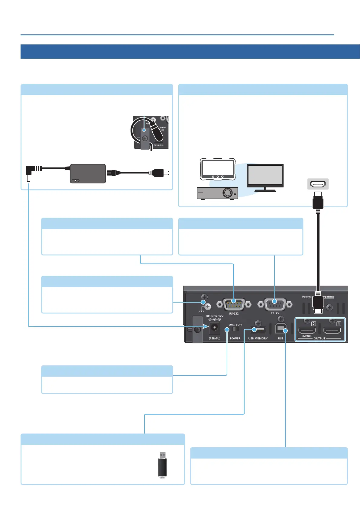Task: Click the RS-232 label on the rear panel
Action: pyautogui.click(x=234, y=313)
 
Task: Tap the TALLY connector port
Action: pyautogui.click(x=274, y=304)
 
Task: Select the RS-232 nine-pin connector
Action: pyautogui.click(x=234, y=304)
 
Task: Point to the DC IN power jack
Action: pyautogui.click(x=214, y=327)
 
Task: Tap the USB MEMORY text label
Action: pyautogui.click(x=258, y=339)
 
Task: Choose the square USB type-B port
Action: pyautogui.click(x=281, y=328)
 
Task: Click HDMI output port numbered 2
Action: pyautogui.click(x=306, y=331)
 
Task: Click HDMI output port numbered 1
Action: pyautogui.click(x=332, y=331)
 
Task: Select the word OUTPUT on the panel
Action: pyautogui.click(x=319, y=339)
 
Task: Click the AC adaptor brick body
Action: pyautogui.click(x=88, y=173)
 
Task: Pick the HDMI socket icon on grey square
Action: pyautogui.click(x=318, y=184)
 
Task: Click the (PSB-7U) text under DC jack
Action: pyautogui.click(x=214, y=339)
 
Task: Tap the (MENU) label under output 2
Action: pyautogui.click(x=307, y=336)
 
